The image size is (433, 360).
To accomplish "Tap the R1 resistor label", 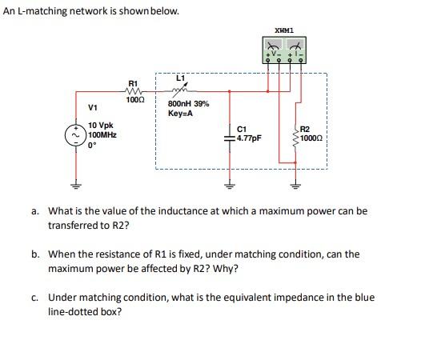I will click(x=134, y=83).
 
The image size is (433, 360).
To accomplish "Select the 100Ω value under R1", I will click(x=134, y=99).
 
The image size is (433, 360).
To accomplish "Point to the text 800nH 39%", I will click(x=189, y=104).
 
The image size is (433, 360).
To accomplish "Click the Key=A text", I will click(x=180, y=114).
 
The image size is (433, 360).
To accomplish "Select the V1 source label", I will click(x=93, y=108).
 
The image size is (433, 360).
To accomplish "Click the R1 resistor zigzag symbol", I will click(x=134, y=91).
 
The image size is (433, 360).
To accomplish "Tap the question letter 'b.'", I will click(x=36, y=254).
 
